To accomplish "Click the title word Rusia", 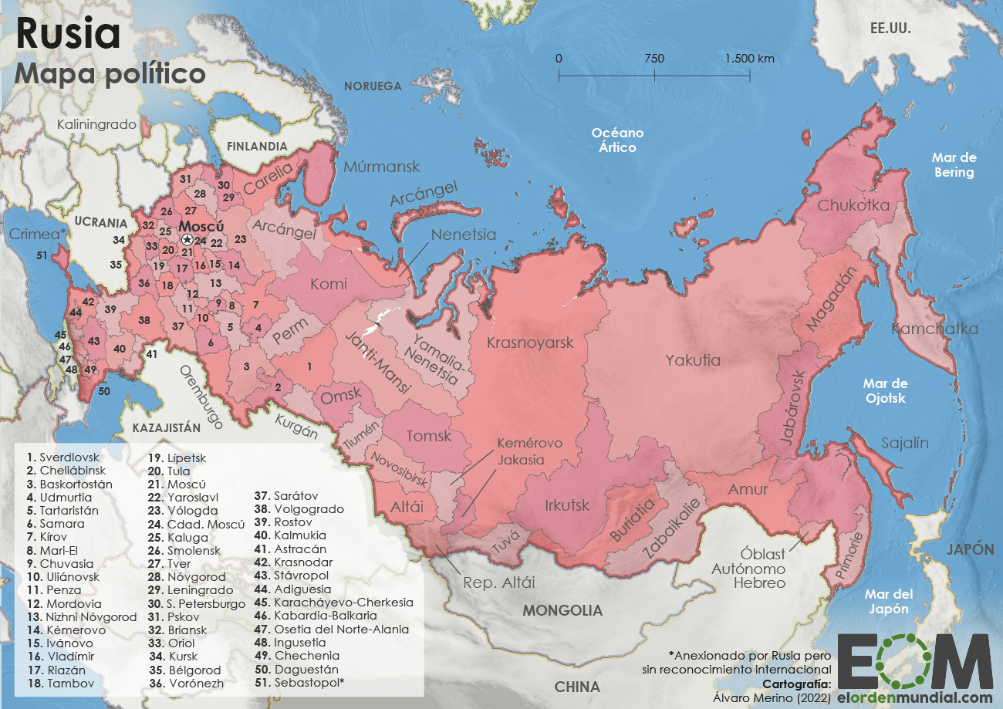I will [x=68, y=35].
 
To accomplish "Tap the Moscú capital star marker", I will [x=187, y=241].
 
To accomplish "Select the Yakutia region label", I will [x=693, y=360].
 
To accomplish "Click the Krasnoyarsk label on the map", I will [x=530, y=343].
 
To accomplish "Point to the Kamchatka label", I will [x=934, y=329].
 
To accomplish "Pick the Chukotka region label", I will [x=853, y=206].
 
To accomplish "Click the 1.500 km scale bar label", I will [x=749, y=59].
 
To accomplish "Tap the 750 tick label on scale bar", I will [x=654, y=59].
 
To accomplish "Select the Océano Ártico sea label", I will [x=617, y=140].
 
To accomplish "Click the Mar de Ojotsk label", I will [x=885, y=391].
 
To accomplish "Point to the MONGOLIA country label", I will [x=562, y=610].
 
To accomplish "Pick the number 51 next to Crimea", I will [x=42, y=255].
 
